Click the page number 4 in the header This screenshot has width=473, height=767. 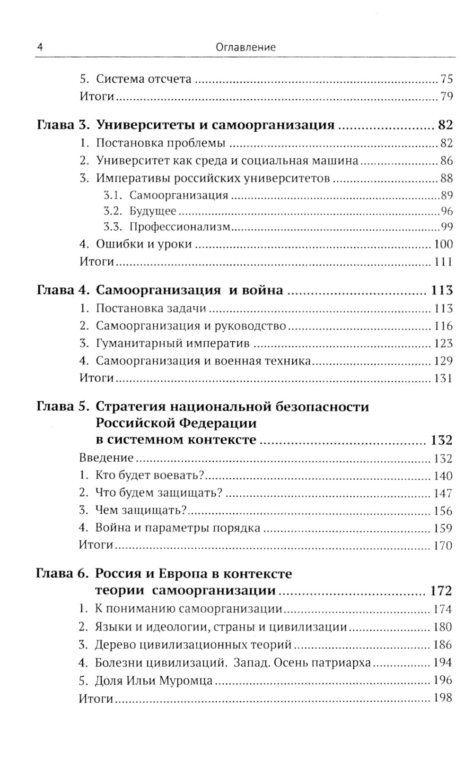tap(40, 47)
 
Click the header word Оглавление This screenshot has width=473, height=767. tap(245, 47)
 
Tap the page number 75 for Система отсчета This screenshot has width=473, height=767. tap(447, 78)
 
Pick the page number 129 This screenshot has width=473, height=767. tap(443, 361)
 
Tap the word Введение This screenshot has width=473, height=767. tap(106, 458)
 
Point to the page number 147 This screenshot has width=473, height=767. tap(443, 493)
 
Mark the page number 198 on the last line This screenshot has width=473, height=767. tap(443, 697)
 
